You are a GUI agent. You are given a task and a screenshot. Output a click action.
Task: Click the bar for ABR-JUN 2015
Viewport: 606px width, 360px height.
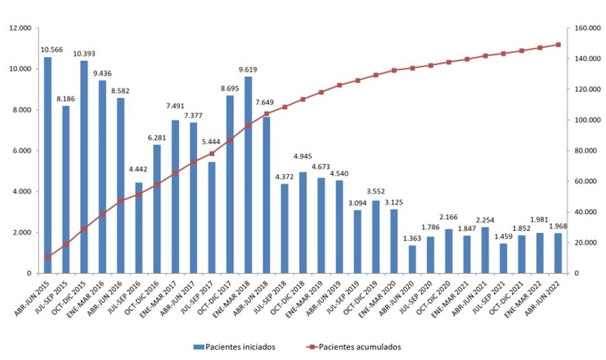tap(48, 165)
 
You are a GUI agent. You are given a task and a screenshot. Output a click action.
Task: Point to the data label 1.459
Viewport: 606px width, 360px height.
tap(503, 236)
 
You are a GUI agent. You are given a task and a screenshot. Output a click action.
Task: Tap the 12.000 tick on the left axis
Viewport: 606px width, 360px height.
tap(20, 28)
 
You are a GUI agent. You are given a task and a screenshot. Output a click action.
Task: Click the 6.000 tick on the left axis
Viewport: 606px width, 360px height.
tap(22, 151)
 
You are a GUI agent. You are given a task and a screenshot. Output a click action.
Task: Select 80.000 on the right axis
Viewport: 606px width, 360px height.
tap(583, 151)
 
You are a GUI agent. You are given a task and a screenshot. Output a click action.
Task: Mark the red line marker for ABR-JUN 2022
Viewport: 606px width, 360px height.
tap(558, 45)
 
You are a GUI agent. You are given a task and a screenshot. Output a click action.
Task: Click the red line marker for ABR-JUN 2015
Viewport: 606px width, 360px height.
tap(48, 257)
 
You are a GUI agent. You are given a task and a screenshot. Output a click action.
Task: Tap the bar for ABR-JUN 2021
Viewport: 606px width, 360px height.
tap(485, 250)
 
